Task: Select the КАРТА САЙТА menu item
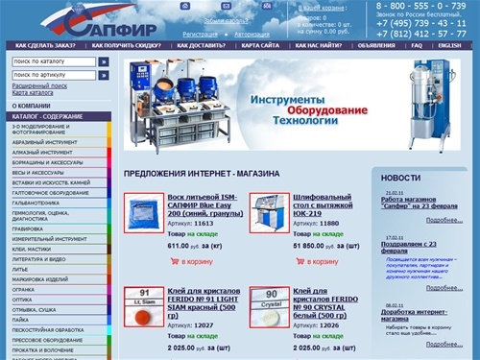coord(261,45)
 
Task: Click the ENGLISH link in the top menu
coord(449,45)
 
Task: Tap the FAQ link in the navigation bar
coord(417,45)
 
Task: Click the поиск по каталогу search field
coord(54,61)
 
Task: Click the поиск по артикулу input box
coord(54,74)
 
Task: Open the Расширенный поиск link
coord(39,85)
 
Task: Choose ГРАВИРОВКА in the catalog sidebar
coord(29,229)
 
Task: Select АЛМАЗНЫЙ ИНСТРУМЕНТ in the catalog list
coord(38,152)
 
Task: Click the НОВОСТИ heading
coord(400,178)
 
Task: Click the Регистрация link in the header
coord(200,34)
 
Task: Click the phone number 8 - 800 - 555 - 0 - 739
coord(420,6)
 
